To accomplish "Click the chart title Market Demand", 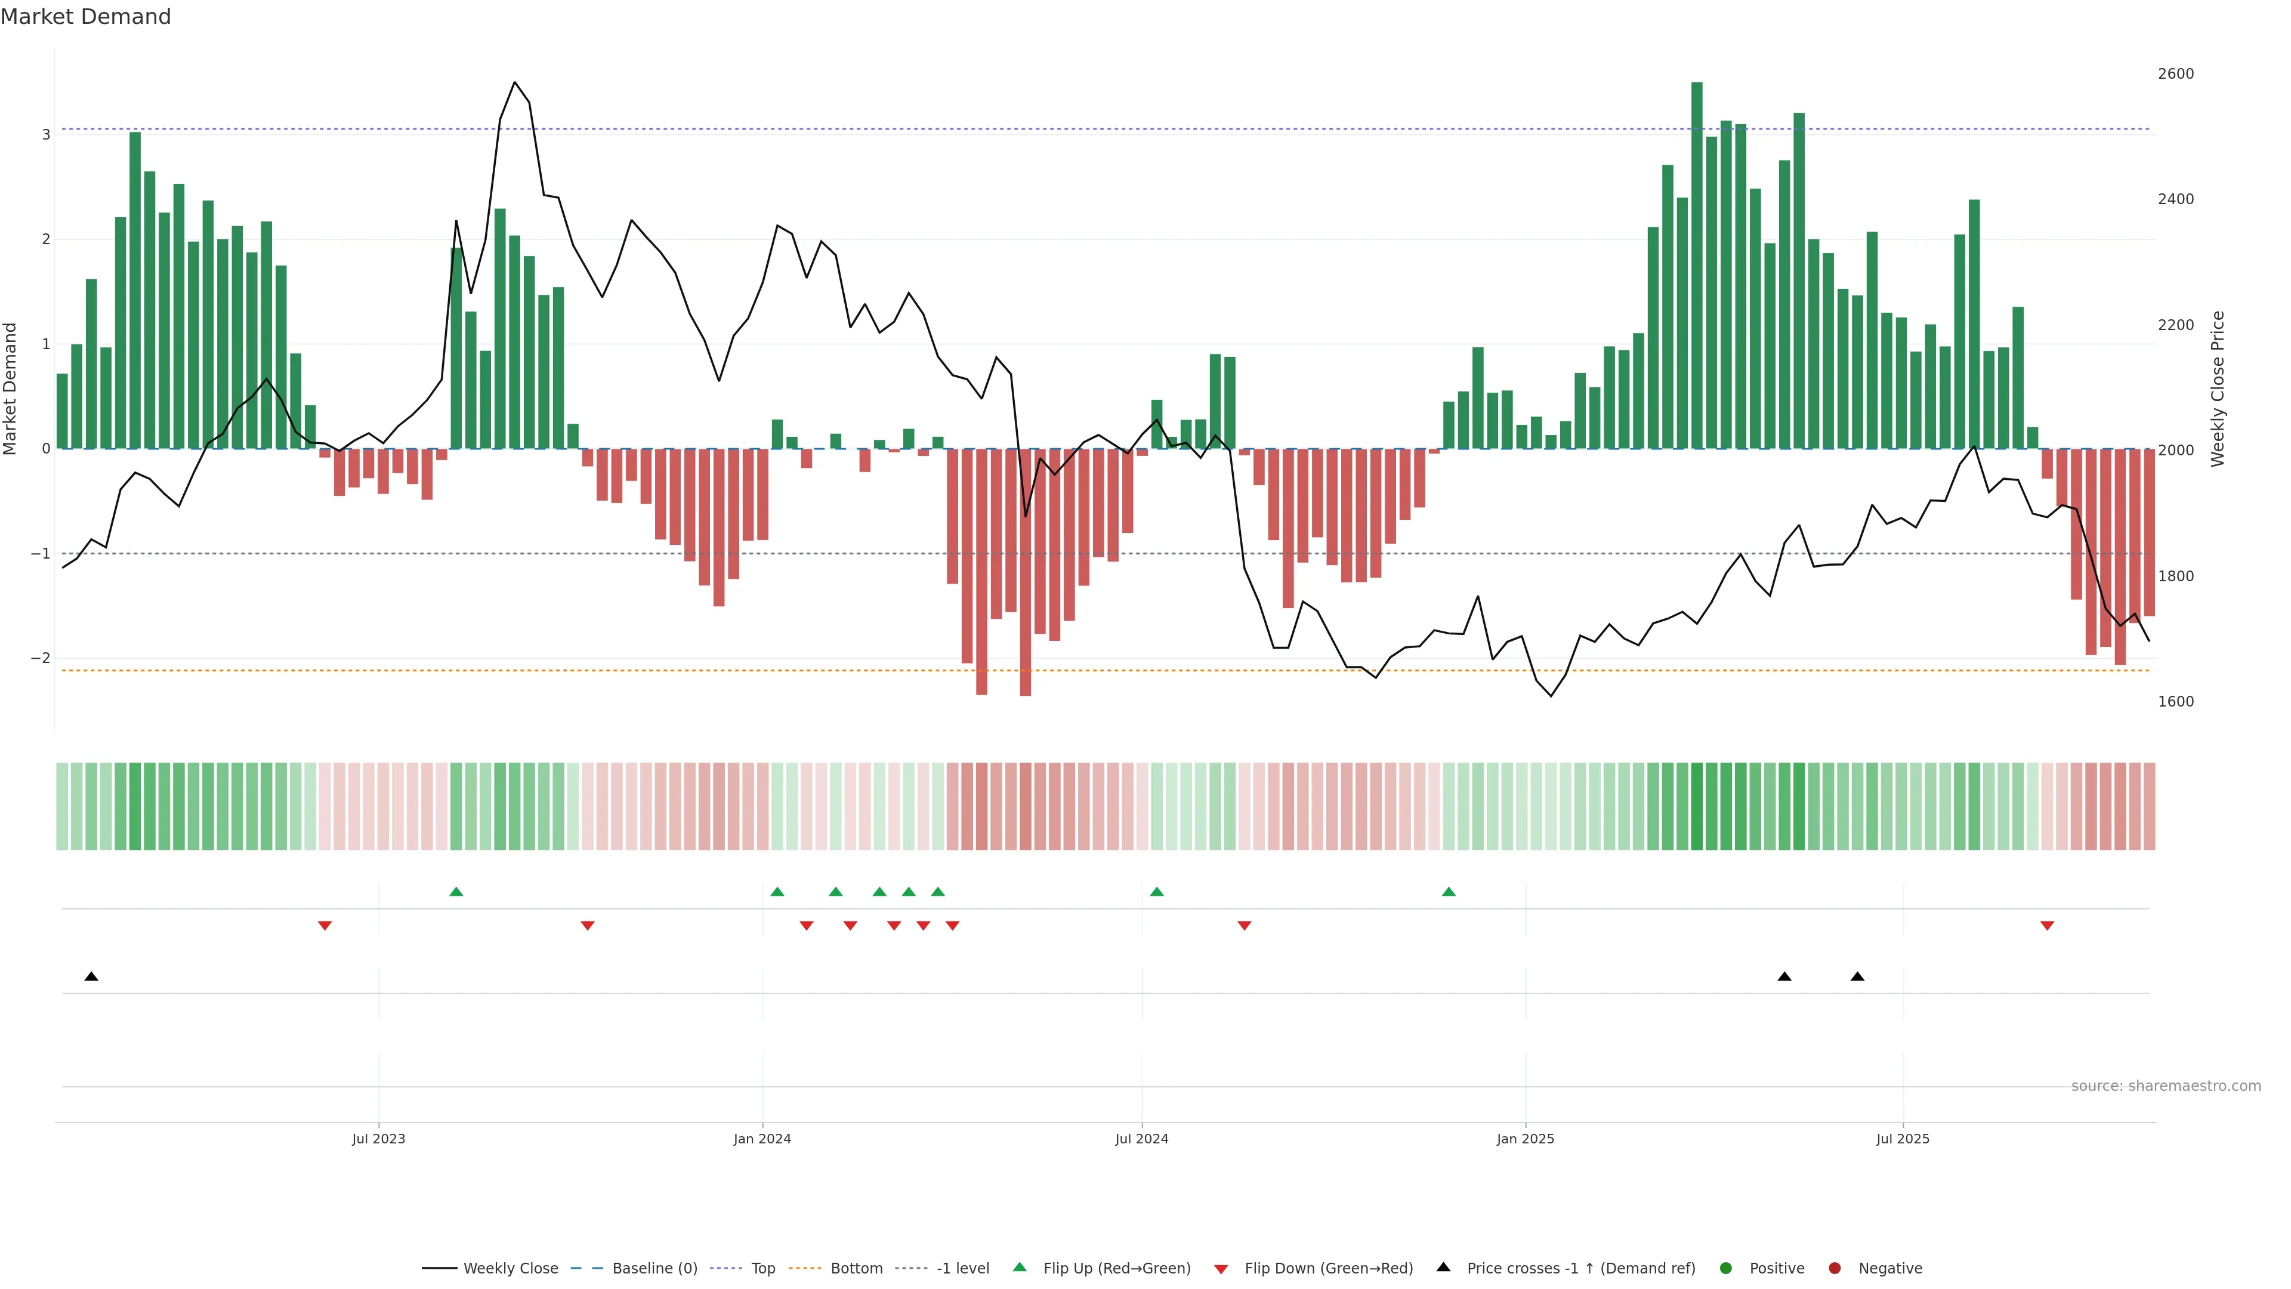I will (85, 17).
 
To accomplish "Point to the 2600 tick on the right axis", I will (2175, 74).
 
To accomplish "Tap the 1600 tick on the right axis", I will (2175, 702).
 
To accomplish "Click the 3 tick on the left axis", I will (45, 134).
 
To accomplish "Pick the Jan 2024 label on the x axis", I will (762, 1139).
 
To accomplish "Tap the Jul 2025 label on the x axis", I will (1903, 1139).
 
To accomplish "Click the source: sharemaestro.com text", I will (2166, 1086).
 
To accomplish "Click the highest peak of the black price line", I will (514, 83).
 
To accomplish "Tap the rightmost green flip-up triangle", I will (1449, 892).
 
